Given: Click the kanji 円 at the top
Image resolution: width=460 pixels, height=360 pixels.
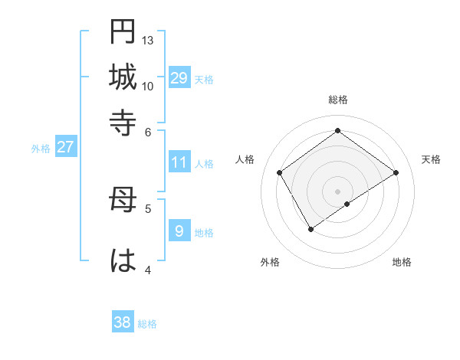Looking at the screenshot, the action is pyautogui.click(x=123, y=31).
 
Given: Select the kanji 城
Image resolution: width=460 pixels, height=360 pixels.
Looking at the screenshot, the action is pyautogui.click(x=123, y=77).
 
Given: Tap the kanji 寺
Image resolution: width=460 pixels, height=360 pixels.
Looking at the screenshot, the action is pyautogui.click(x=123, y=122).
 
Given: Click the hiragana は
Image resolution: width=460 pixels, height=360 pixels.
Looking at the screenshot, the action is pyautogui.click(x=123, y=260).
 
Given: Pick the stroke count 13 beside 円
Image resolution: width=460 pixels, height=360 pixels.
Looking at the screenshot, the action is pyautogui.click(x=148, y=40).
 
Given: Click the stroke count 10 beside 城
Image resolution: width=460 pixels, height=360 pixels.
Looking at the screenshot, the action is pyautogui.click(x=148, y=86).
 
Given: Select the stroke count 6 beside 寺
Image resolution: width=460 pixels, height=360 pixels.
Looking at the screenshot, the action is pyautogui.click(x=148, y=131).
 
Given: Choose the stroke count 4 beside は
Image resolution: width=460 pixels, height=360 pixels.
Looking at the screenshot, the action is pyautogui.click(x=148, y=270).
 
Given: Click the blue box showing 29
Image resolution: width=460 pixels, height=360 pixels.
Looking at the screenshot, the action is pyautogui.click(x=179, y=77).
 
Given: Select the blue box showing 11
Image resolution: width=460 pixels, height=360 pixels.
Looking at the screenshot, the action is pyautogui.click(x=179, y=162).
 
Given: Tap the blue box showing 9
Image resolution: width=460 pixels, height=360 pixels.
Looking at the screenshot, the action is pyautogui.click(x=179, y=231).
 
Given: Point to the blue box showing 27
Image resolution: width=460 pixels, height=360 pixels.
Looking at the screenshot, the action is pyautogui.click(x=65, y=147).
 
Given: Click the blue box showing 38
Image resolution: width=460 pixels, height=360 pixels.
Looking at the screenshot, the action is pyautogui.click(x=123, y=322).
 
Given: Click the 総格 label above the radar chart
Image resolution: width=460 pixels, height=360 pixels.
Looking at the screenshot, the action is pyautogui.click(x=337, y=100).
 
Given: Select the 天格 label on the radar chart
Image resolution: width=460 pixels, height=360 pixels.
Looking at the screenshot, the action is pyautogui.click(x=432, y=159).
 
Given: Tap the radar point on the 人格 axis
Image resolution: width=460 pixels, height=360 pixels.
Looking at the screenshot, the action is pyautogui.click(x=280, y=173).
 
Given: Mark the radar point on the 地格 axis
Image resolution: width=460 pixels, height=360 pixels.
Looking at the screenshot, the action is pyautogui.click(x=347, y=204).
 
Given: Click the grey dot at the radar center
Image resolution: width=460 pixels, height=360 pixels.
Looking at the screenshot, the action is pyautogui.click(x=337, y=191).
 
